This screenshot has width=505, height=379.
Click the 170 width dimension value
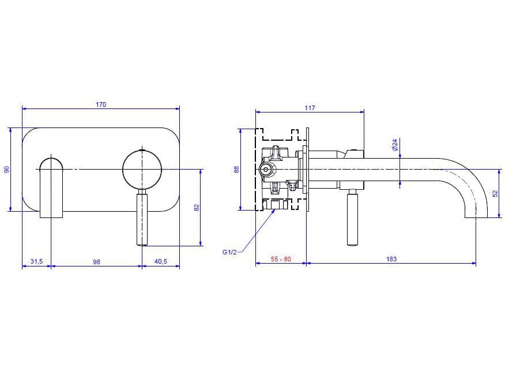click(x=100, y=104)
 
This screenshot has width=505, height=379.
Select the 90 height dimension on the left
click(x=7, y=169)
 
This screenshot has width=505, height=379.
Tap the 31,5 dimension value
click(x=36, y=261)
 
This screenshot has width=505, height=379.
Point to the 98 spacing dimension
click(x=96, y=261)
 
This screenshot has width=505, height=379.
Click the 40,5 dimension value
click(x=160, y=261)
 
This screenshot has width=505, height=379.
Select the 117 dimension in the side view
click(x=309, y=108)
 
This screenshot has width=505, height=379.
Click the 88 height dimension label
click(x=236, y=169)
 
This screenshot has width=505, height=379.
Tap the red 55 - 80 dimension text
click(x=281, y=259)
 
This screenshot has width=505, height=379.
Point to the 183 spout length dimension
click(x=391, y=259)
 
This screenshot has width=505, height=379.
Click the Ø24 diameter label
click(x=395, y=144)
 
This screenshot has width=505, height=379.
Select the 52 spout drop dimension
click(x=495, y=193)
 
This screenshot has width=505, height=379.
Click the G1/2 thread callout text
click(x=229, y=252)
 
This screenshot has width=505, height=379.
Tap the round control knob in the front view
click(x=142, y=169)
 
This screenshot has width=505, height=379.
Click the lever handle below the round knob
click(x=142, y=219)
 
